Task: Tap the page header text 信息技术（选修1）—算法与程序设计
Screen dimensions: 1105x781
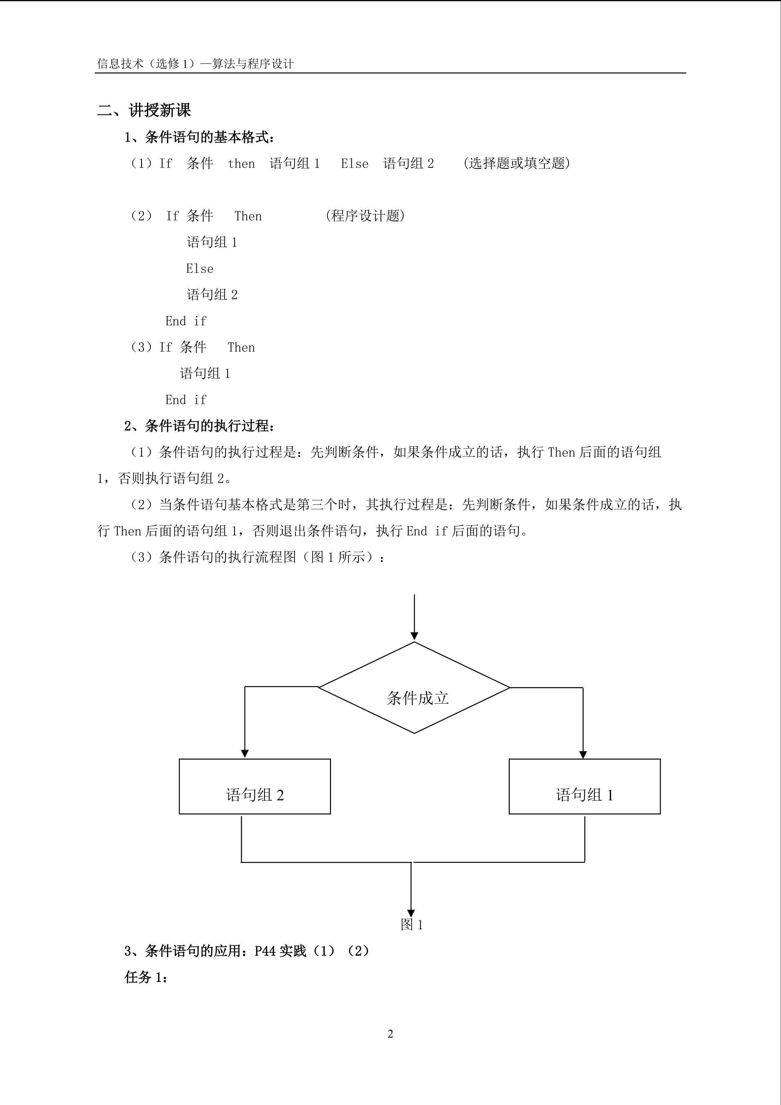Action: [x=195, y=64]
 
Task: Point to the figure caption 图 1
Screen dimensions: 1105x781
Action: [x=412, y=924]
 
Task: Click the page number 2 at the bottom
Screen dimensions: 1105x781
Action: [x=390, y=1034]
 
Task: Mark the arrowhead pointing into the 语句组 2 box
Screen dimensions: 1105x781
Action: [x=245, y=754]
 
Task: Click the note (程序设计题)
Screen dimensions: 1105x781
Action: [x=365, y=216]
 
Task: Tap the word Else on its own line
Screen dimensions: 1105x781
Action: [x=199, y=268]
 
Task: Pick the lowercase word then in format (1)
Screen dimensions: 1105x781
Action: [x=241, y=164]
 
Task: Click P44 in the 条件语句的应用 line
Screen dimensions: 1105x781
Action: [x=265, y=951]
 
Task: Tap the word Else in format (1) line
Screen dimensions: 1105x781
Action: [x=355, y=164]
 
